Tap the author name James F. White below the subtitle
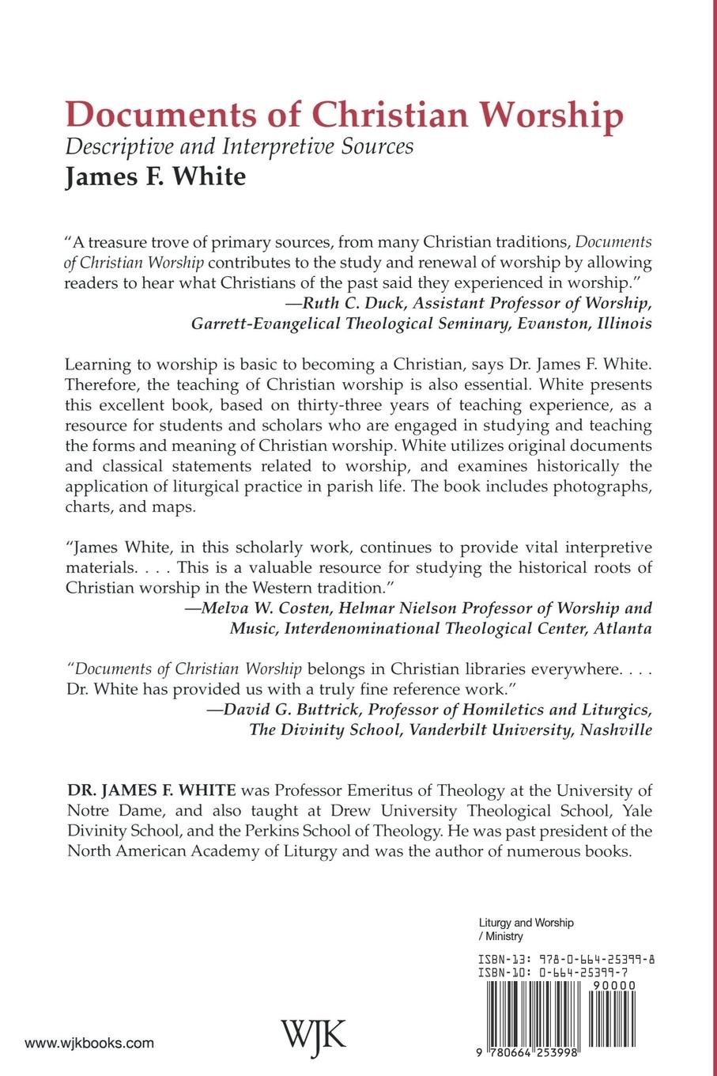tap(155, 176)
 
